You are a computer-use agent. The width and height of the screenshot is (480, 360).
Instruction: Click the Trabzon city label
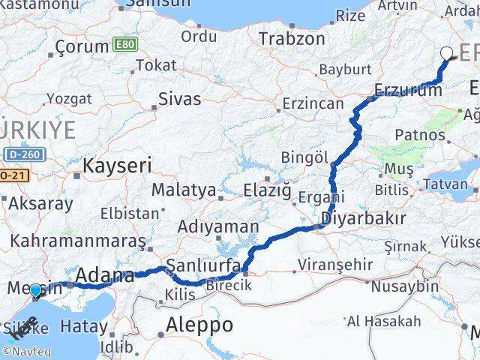(292, 39)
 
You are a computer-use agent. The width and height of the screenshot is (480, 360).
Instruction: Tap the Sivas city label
(180, 98)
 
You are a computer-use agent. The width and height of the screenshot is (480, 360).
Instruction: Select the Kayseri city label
(118, 165)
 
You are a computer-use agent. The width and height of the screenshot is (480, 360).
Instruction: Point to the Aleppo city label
(199, 325)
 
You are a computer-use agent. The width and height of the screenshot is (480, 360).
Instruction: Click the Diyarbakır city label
(363, 218)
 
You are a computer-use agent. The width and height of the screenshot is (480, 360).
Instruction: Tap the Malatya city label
(184, 190)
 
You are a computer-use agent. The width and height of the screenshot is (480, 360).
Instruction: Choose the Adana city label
(105, 274)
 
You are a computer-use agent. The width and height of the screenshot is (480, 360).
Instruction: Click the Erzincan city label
(313, 103)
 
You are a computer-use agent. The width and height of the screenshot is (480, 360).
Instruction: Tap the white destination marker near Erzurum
(447, 53)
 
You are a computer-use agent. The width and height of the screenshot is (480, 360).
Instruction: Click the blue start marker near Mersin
(35, 290)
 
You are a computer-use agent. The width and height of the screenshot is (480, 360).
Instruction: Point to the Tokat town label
(157, 65)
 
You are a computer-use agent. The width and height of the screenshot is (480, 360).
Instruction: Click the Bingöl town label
(304, 157)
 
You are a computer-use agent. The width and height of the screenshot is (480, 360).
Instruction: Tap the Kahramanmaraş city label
(77, 241)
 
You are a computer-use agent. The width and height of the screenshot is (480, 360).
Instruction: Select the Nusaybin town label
(405, 286)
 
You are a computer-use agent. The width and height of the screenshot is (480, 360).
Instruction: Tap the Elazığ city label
(267, 190)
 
